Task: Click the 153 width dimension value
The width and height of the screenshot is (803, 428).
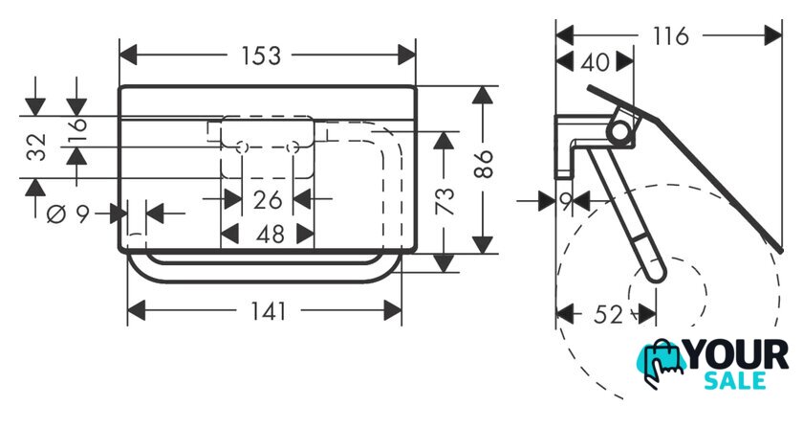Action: tap(261, 56)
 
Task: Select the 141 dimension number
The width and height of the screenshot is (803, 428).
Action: tap(269, 311)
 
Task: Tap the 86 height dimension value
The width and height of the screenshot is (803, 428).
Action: tap(484, 164)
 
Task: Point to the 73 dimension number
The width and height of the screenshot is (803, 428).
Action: tap(445, 201)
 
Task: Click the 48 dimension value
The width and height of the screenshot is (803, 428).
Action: tap(270, 235)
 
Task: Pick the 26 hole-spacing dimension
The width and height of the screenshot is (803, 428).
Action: tap(268, 199)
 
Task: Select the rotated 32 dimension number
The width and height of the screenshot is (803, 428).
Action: tap(37, 146)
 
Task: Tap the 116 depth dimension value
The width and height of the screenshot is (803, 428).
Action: tap(671, 36)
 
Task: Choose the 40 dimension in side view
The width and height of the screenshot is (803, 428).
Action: tap(595, 62)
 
